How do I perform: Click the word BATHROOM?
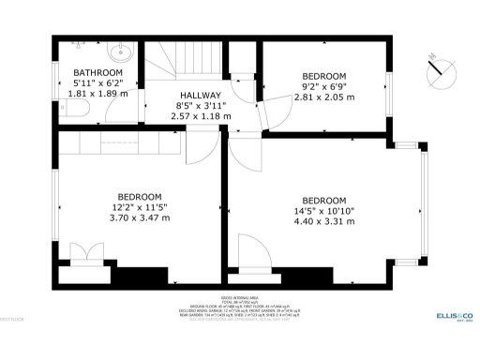[97, 72]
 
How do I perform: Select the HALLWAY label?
[201, 96]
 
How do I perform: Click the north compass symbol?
[439, 68]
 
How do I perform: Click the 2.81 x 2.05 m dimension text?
[324, 97]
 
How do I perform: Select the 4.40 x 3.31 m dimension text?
[324, 221]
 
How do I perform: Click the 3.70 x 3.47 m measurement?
[139, 217]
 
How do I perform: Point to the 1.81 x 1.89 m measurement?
[97, 94]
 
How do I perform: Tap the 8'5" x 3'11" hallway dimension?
[201, 106]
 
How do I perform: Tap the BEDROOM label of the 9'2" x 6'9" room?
[324, 76]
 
